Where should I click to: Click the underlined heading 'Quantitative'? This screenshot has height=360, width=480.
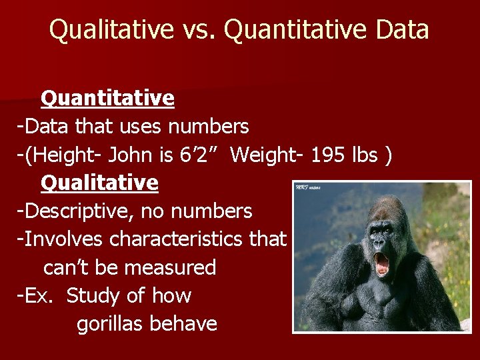click(x=107, y=99)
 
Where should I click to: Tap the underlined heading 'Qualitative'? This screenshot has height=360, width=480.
click(x=99, y=182)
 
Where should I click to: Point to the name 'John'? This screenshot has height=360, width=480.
click(x=134, y=154)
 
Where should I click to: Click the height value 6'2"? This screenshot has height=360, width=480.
click(x=197, y=154)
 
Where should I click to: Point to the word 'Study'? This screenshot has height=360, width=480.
click(x=95, y=295)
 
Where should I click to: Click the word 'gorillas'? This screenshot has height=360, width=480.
click(x=111, y=324)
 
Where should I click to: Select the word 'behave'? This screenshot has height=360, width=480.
click(x=184, y=324)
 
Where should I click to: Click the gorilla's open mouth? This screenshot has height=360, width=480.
click(x=382, y=262)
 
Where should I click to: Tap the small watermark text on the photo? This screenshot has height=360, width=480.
click(x=307, y=187)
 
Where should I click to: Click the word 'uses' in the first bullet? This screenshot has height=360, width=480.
click(x=142, y=125)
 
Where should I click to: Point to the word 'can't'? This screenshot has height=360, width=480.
click(x=67, y=267)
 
